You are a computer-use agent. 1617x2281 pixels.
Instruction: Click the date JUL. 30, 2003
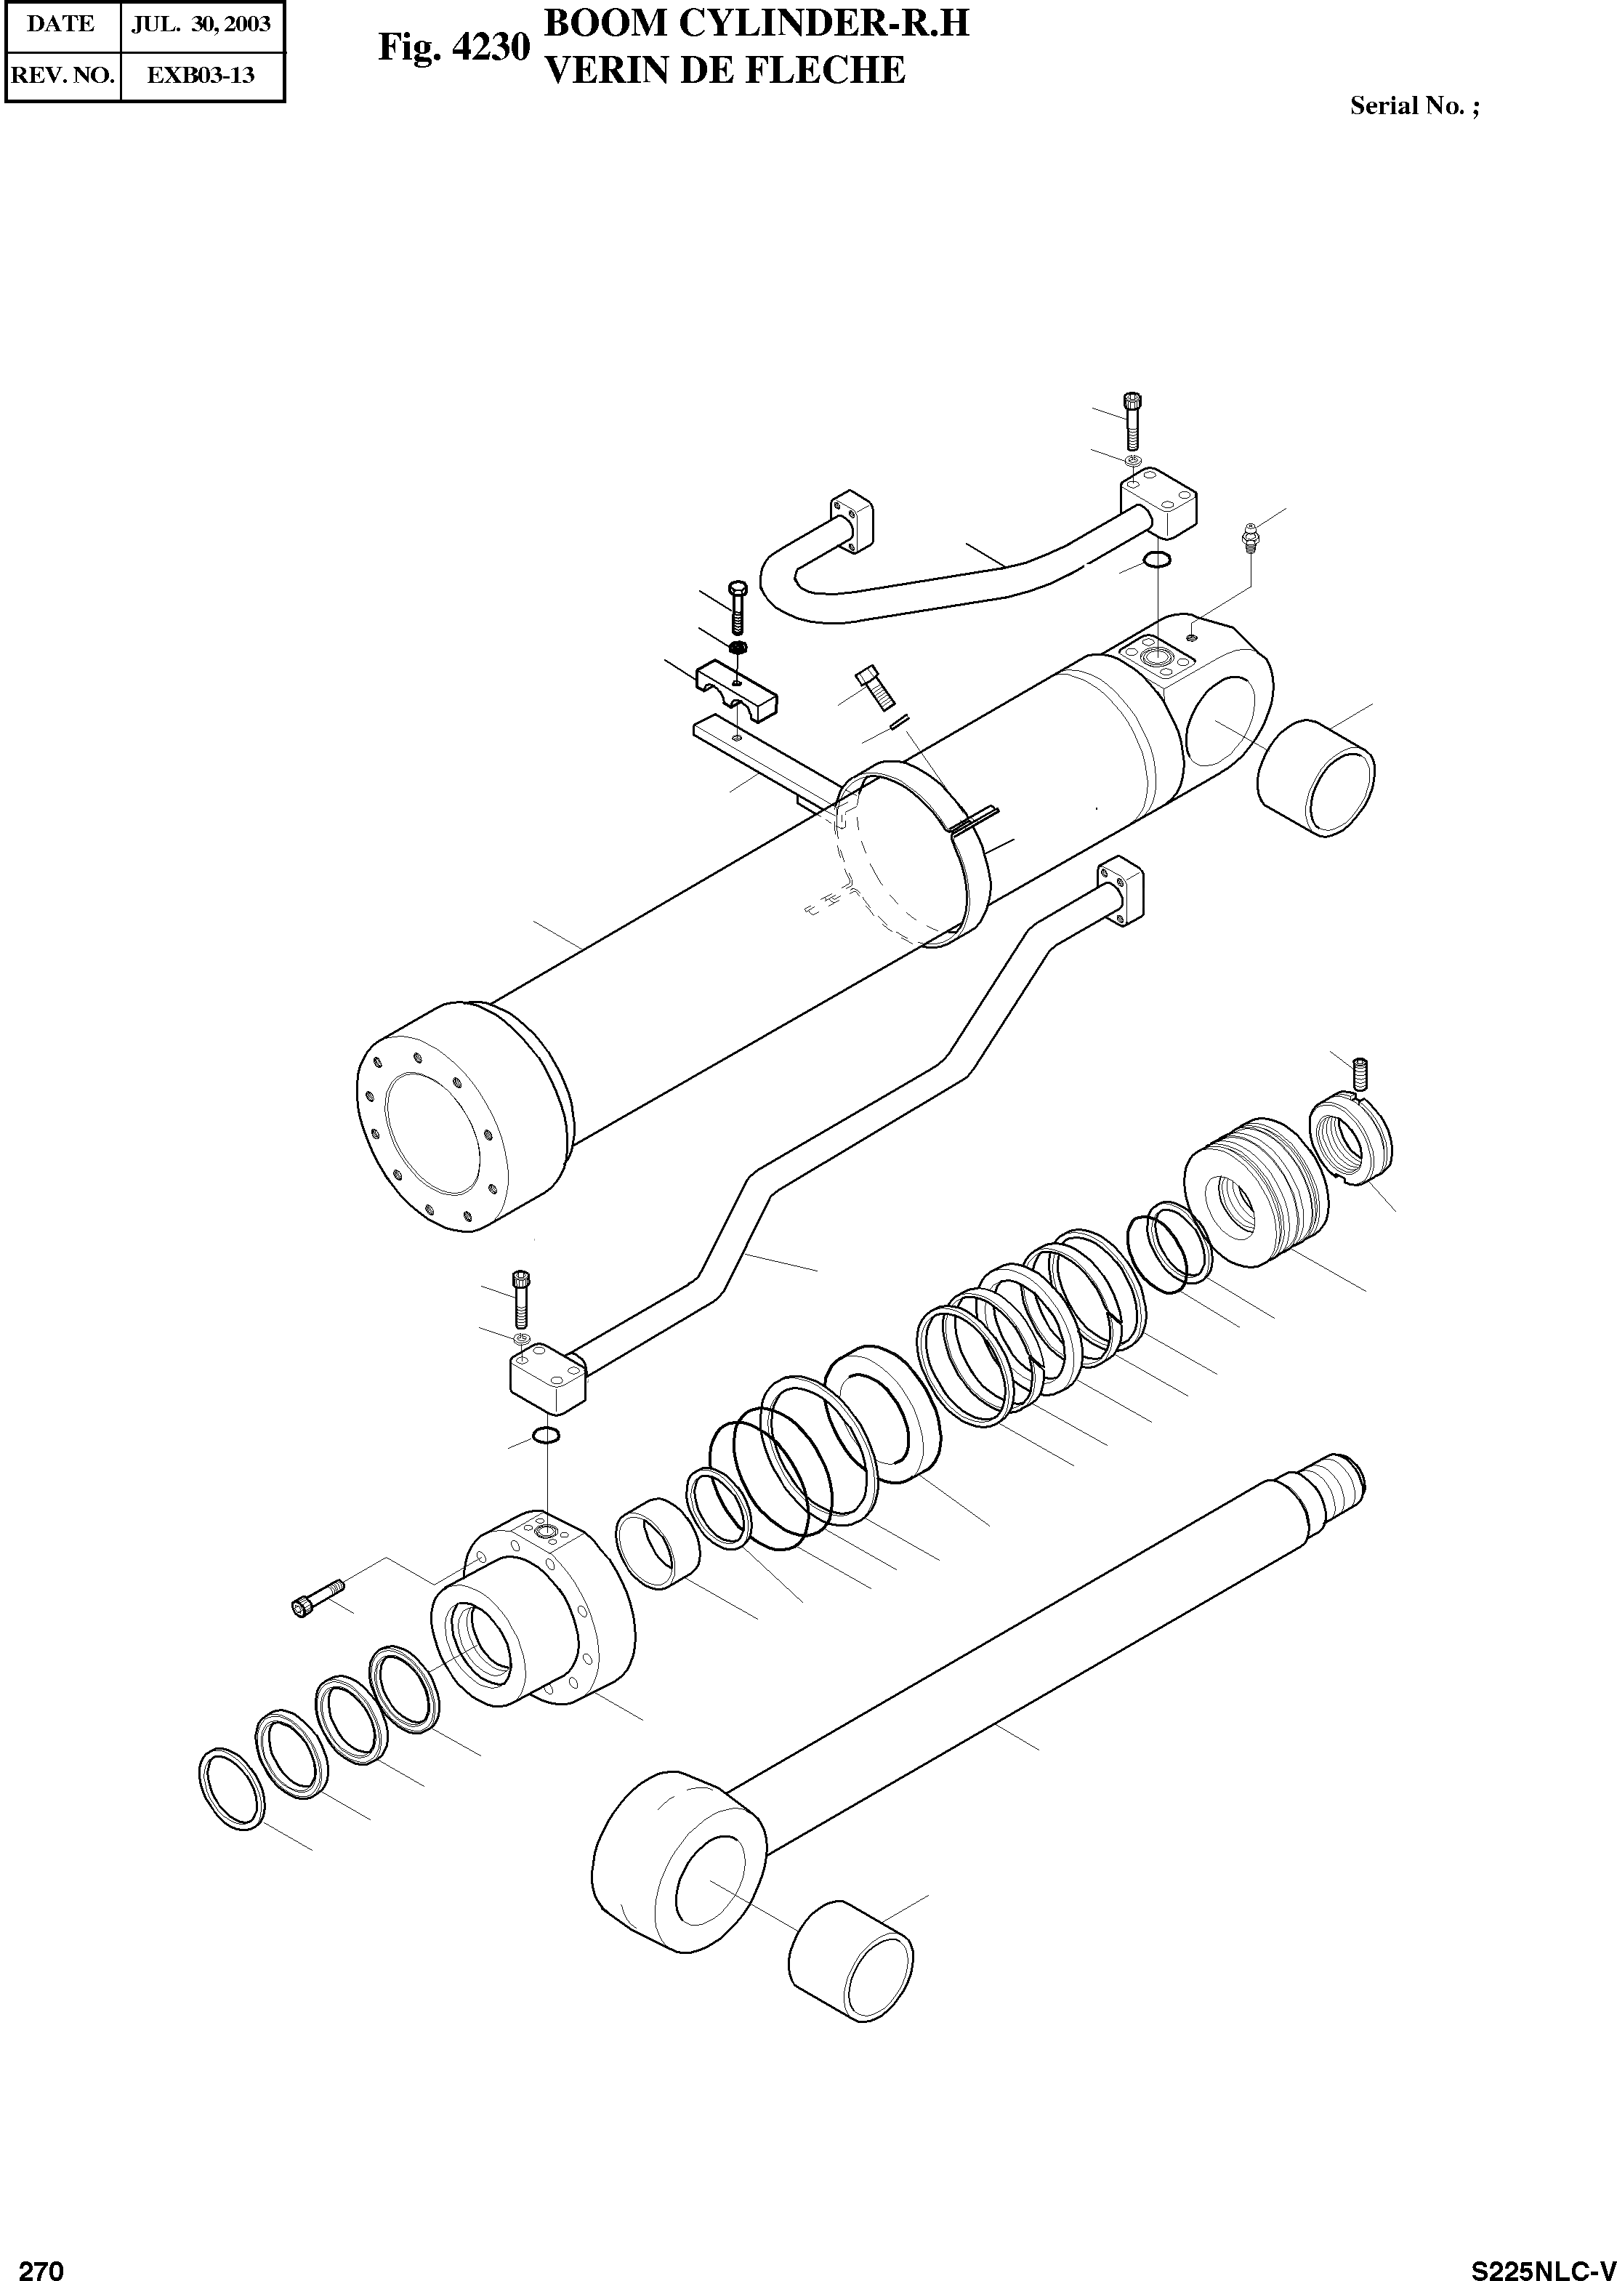click(x=201, y=24)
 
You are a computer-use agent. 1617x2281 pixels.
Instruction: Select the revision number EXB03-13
click(x=201, y=75)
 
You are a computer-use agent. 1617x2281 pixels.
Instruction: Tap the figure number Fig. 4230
click(x=453, y=47)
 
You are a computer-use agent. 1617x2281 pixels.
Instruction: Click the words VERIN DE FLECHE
click(x=726, y=70)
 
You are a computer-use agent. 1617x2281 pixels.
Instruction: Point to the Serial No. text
click(x=1414, y=105)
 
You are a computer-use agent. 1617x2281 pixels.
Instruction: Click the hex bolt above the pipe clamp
click(x=737, y=606)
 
